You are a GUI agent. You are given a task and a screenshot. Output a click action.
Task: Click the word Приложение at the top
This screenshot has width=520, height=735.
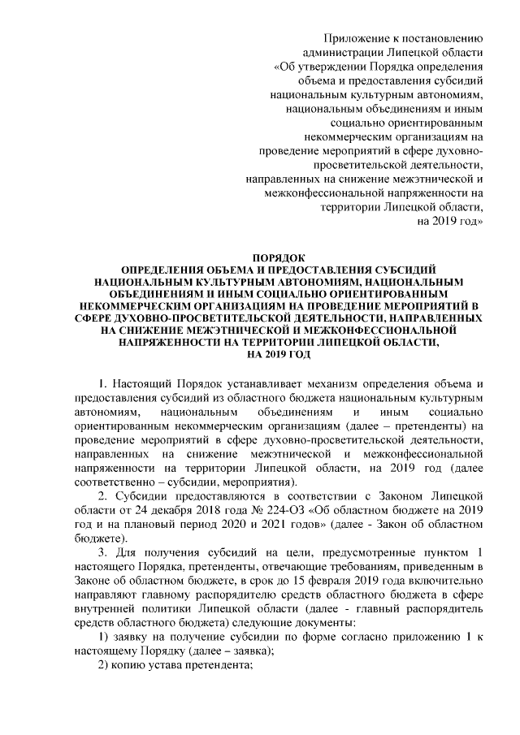(x=355, y=37)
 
